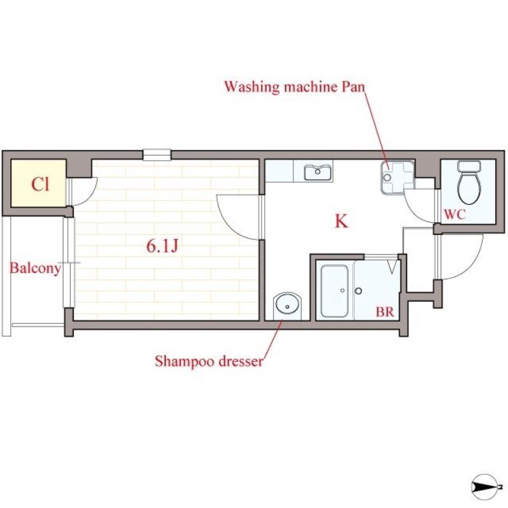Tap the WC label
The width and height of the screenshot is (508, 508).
pyautogui.click(x=455, y=215)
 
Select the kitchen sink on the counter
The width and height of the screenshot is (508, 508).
pyautogui.click(x=317, y=172)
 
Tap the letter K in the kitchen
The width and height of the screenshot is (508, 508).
pyautogui.click(x=341, y=222)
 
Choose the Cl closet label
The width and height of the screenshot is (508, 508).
pyautogui.click(x=41, y=185)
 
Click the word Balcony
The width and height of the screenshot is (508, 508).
pyautogui.click(x=35, y=268)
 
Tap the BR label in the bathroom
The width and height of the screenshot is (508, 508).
pyautogui.click(x=384, y=312)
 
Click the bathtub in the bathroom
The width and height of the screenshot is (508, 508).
pyautogui.click(x=333, y=291)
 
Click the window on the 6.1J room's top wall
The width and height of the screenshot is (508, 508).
pyautogui.click(x=157, y=154)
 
